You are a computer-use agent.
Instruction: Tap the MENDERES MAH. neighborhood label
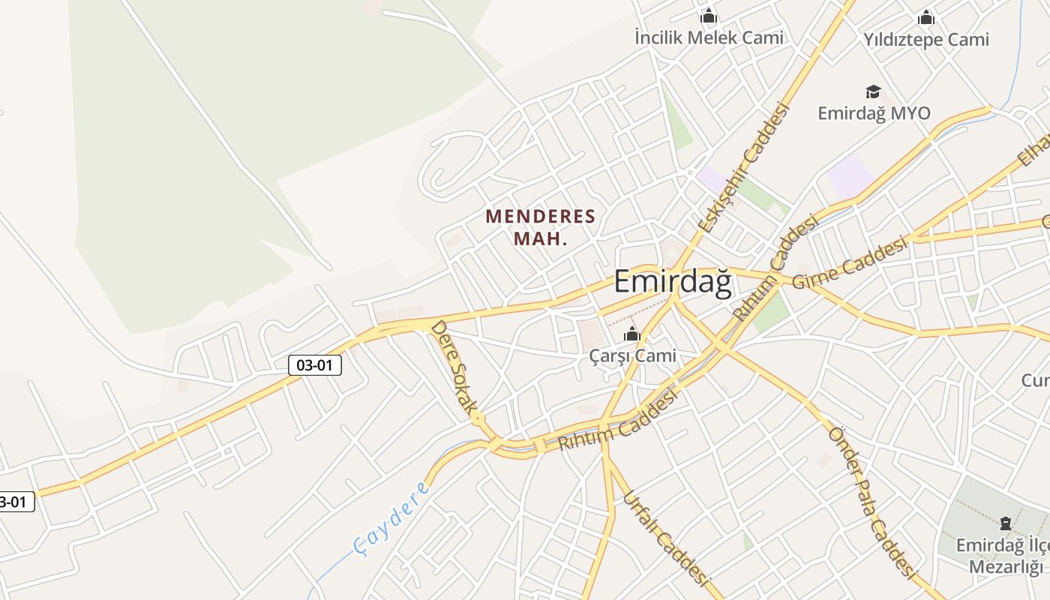pyautogui.click(x=540, y=227)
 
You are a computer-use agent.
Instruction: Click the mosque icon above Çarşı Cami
pyautogui.click(x=632, y=334)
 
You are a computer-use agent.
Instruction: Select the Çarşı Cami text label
pyautogui.click(x=632, y=356)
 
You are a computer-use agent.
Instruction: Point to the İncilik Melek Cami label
pyautogui.click(x=709, y=37)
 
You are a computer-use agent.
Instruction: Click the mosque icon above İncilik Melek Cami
pyautogui.click(x=709, y=16)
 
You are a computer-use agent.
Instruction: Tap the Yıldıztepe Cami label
pyautogui.click(x=925, y=39)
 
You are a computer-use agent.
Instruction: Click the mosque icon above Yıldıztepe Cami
pyautogui.click(x=926, y=17)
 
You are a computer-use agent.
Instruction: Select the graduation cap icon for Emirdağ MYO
pyautogui.click(x=873, y=91)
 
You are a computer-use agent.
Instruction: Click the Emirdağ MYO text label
pyautogui.click(x=874, y=113)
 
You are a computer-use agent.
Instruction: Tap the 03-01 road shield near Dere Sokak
pyautogui.click(x=315, y=365)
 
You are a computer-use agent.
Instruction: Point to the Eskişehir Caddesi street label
pyautogui.click(x=744, y=167)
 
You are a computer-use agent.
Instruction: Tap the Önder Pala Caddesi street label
pyautogui.click(x=872, y=503)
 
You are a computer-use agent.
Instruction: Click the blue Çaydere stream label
pyautogui.click(x=391, y=519)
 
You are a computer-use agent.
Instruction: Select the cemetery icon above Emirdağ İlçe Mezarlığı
pyautogui.click(x=1006, y=523)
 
